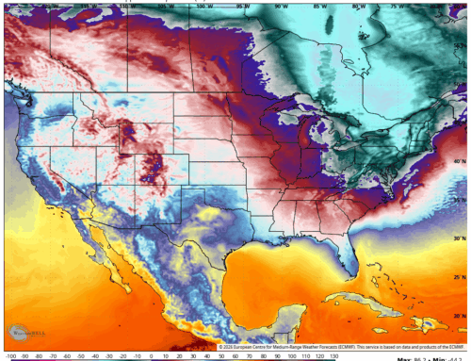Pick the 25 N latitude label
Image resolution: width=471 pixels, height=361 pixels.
pos(459,275)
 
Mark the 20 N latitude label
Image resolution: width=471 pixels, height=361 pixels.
pos(459,315)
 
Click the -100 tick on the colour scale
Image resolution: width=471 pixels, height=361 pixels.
pos(9,357)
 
